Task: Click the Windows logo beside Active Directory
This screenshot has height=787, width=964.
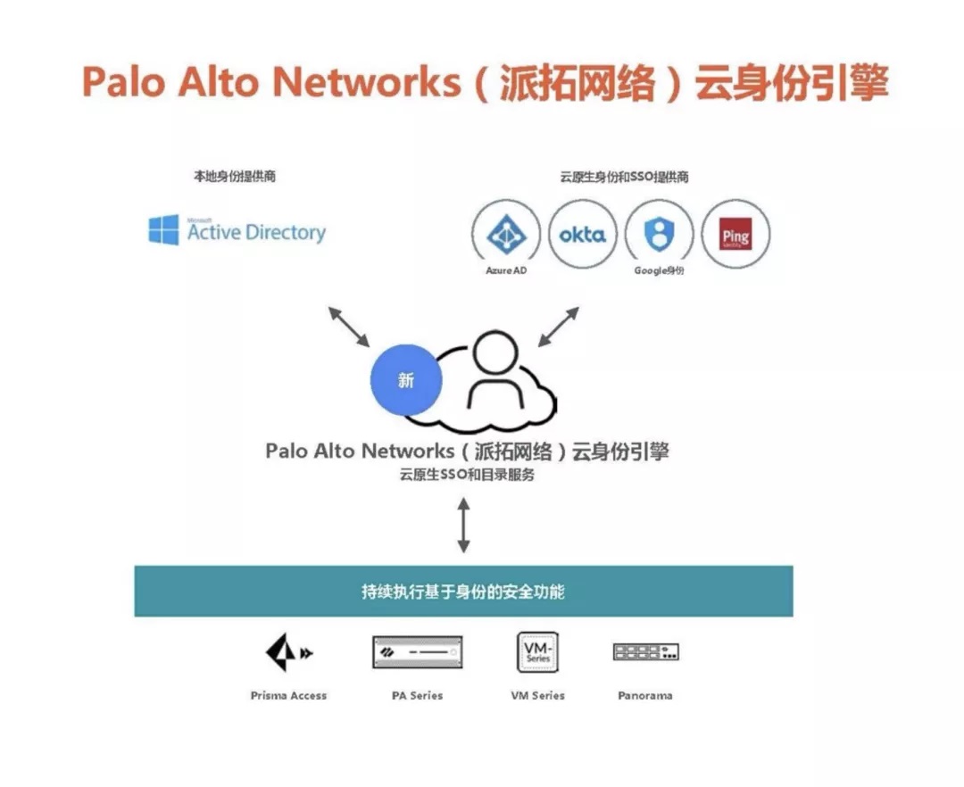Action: pyautogui.click(x=163, y=230)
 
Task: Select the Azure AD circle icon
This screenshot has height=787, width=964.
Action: pyautogui.click(x=506, y=234)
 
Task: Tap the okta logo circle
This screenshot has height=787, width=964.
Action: pyautogui.click(x=582, y=234)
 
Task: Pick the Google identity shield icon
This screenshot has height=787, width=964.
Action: pyautogui.click(x=659, y=234)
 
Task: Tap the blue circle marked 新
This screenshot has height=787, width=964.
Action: pyautogui.click(x=406, y=380)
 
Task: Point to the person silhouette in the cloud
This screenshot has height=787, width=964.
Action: pyautogui.click(x=495, y=369)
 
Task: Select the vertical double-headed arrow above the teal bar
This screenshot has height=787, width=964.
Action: pyautogui.click(x=463, y=526)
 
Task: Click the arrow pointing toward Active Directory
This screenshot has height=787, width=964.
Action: pyautogui.click(x=349, y=327)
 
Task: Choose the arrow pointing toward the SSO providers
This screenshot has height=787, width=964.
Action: pyautogui.click(x=558, y=327)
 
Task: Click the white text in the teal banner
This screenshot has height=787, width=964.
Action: pyautogui.click(x=463, y=592)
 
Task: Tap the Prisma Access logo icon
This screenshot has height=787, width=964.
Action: pyautogui.click(x=288, y=652)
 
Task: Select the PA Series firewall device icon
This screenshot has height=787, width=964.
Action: pyautogui.click(x=418, y=652)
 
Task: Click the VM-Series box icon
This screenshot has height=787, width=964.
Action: pyautogui.click(x=538, y=652)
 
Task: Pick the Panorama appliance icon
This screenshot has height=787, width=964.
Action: pyautogui.click(x=645, y=652)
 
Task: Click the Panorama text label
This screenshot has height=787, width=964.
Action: pyautogui.click(x=645, y=695)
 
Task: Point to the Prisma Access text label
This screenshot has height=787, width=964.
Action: pyautogui.click(x=288, y=695)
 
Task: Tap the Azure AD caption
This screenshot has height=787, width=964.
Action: pyautogui.click(x=506, y=270)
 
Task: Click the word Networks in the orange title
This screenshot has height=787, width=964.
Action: pyautogui.click(x=367, y=81)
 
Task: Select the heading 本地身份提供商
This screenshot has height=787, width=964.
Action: pyautogui.click(x=235, y=177)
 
